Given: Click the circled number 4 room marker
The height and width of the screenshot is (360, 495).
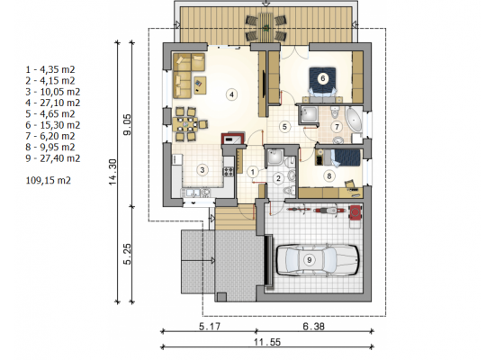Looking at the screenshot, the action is [231, 94].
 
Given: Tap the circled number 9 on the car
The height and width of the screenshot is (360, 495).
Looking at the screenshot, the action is [310, 260].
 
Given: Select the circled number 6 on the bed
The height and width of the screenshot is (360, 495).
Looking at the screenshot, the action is [322, 78].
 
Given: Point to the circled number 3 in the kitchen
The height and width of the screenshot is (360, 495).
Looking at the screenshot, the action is [202, 170].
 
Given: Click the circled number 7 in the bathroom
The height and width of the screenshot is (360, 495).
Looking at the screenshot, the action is [337, 127].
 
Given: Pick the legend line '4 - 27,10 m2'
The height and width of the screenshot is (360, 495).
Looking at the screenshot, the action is [53, 103].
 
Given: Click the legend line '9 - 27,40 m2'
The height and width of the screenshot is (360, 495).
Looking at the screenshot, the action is [53, 158].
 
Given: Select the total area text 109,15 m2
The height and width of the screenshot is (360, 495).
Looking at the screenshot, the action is [49, 180].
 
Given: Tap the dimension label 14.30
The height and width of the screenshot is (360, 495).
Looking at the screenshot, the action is [113, 172].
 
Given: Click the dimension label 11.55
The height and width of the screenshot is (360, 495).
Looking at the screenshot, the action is [267, 342].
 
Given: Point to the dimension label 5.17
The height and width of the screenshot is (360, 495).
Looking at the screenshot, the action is [210, 326].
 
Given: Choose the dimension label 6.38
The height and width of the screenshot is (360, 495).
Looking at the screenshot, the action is [313, 326].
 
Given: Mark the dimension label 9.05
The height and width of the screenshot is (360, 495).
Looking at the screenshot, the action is [128, 125].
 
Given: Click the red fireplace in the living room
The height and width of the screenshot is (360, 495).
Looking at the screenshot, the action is [234, 139].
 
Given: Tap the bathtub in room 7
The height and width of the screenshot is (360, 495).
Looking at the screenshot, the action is [355, 120].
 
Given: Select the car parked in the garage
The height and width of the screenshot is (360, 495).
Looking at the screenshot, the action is [318, 260].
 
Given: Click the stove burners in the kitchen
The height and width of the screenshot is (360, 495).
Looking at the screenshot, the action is [229, 172].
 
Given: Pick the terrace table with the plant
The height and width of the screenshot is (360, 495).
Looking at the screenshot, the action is [266, 27].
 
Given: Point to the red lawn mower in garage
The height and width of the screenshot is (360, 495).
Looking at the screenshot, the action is [355, 212].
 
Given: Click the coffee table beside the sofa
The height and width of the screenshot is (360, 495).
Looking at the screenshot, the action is [200, 85].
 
